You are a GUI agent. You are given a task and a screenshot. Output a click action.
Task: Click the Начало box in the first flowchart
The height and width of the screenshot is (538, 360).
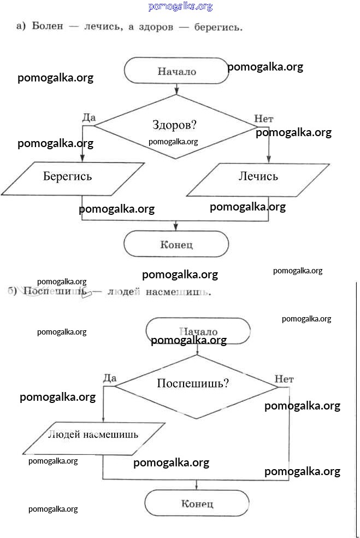point(176,71)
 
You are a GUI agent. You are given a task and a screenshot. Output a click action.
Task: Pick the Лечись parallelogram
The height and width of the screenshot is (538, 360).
point(258,177)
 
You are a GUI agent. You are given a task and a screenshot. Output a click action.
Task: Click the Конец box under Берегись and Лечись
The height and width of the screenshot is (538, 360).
point(176,244)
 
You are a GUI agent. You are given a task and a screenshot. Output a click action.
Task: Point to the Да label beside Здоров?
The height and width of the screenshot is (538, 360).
point(88,118)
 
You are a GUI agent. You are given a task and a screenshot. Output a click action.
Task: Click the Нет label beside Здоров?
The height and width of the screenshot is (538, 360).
point(264,118)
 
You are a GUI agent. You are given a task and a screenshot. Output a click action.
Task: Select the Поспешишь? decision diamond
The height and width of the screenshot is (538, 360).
point(197,385)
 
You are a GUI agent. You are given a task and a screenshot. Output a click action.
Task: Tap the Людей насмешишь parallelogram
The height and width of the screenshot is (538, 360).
point(93,436)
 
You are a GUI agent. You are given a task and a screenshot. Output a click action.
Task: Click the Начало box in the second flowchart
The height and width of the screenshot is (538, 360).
point(198,332)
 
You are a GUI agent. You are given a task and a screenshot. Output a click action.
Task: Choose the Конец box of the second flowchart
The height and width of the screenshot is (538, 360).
point(197,504)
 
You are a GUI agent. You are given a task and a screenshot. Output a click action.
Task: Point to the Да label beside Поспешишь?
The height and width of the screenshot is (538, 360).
point(110,378)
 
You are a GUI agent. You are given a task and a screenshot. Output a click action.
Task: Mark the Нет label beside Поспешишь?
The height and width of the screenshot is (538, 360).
point(284,378)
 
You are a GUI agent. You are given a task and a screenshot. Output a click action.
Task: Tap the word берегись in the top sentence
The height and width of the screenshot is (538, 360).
point(218,26)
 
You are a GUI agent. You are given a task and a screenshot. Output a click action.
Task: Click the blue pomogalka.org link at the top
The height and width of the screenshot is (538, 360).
point(180,7)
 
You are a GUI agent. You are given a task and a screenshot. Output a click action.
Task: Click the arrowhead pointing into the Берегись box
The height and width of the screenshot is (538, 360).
point(82,158)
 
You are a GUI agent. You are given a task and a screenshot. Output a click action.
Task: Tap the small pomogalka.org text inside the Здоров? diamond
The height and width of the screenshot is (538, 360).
point(173,142)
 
